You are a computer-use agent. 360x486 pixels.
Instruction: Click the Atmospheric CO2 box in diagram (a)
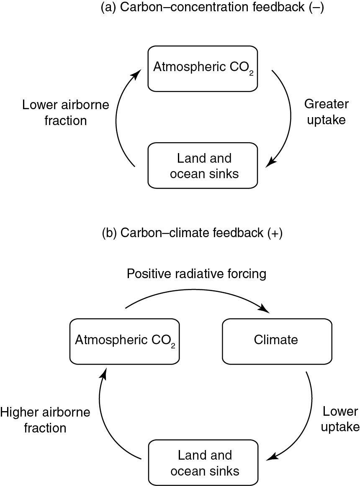click(x=203, y=69)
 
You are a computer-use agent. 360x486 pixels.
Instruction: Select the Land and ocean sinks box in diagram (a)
click(x=203, y=165)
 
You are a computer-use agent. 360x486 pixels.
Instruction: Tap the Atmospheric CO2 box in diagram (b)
click(x=124, y=341)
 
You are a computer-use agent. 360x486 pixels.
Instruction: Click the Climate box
click(x=276, y=341)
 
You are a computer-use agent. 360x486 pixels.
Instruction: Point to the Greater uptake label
click(x=325, y=111)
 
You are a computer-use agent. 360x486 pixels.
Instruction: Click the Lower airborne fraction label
click(x=65, y=112)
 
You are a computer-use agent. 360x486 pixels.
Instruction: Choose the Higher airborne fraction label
click(x=45, y=420)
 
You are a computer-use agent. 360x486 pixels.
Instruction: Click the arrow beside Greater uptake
click(x=288, y=117)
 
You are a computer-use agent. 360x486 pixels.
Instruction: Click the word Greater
click(x=325, y=104)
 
